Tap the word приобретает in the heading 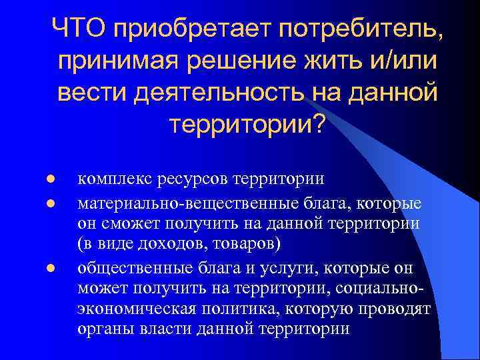click(x=189, y=31)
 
